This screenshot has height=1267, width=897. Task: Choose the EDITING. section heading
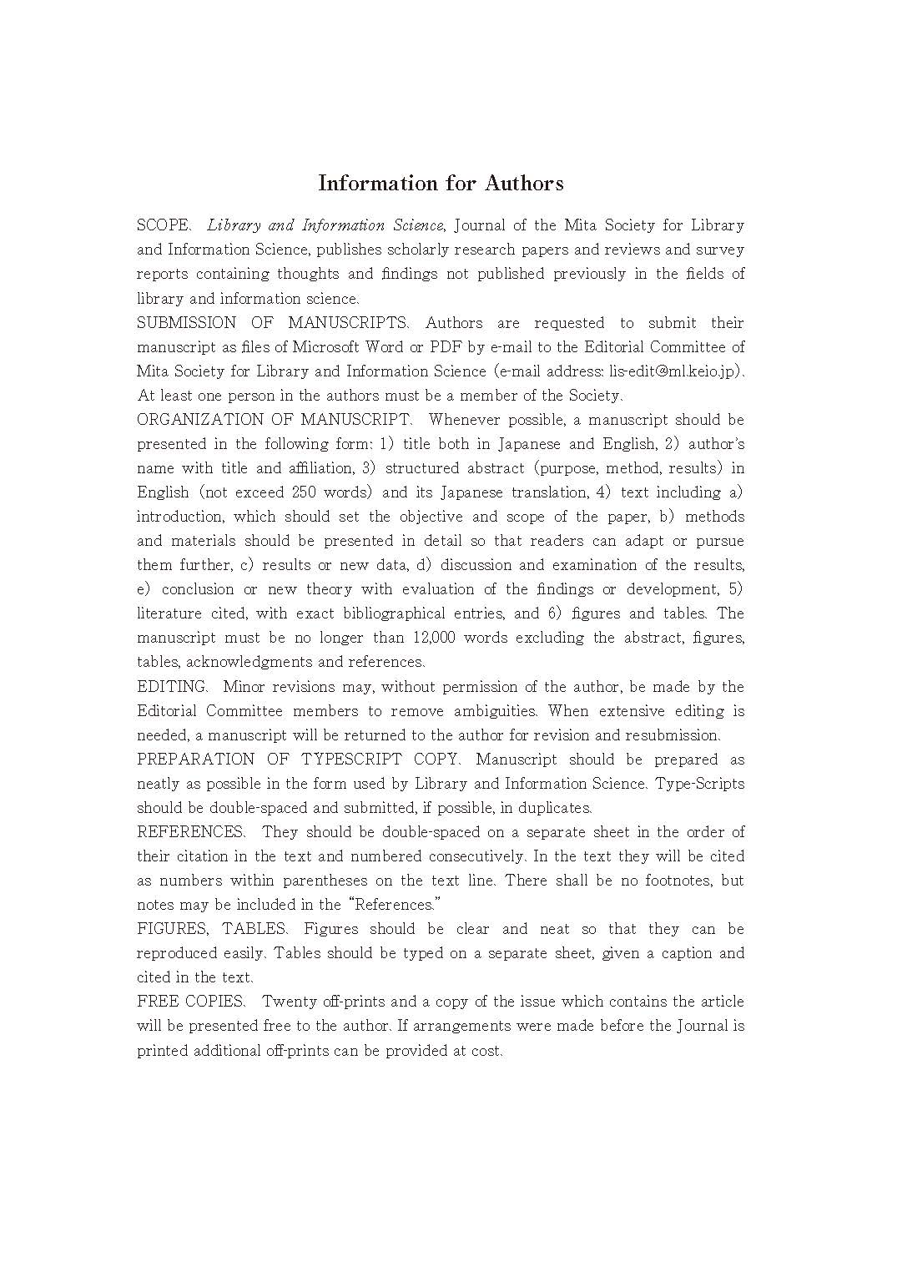(x=172, y=687)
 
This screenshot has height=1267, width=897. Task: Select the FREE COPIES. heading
(x=191, y=1002)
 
